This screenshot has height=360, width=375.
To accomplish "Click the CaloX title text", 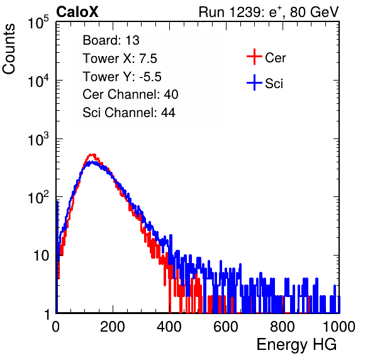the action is [x=77, y=12].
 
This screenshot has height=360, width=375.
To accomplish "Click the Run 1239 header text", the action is [x=269, y=12].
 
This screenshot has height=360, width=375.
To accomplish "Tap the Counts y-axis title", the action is [x=9, y=49].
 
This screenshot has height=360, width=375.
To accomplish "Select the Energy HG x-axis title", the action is [x=296, y=345].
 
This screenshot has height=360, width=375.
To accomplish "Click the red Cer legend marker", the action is [x=254, y=57].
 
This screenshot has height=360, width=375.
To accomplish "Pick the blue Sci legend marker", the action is [x=254, y=83].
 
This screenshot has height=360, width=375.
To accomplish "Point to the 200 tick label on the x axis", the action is [x=113, y=327].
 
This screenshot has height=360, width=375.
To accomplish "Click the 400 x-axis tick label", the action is [x=169, y=327].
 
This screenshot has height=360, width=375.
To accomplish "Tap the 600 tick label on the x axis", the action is [x=226, y=327].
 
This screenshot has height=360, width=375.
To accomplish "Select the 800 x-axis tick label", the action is [x=283, y=327].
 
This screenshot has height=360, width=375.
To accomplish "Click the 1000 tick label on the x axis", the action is [x=339, y=327].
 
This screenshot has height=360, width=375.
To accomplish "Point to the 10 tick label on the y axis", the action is [x=41, y=256].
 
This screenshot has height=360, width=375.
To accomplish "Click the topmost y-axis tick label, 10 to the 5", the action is [x=38, y=23].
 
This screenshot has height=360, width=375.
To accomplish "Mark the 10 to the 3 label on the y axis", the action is [x=38, y=139].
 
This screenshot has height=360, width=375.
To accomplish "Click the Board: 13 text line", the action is [x=111, y=40].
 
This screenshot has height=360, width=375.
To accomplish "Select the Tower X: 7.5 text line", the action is [x=120, y=59].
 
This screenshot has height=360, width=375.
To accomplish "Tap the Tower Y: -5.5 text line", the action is [x=122, y=77].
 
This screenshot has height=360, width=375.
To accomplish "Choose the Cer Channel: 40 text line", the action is [x=130, y=94].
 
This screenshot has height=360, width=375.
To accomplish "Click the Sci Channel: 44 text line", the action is [x=129, y=113].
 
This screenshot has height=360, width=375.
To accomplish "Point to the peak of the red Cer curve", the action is [x=92, y=155].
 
